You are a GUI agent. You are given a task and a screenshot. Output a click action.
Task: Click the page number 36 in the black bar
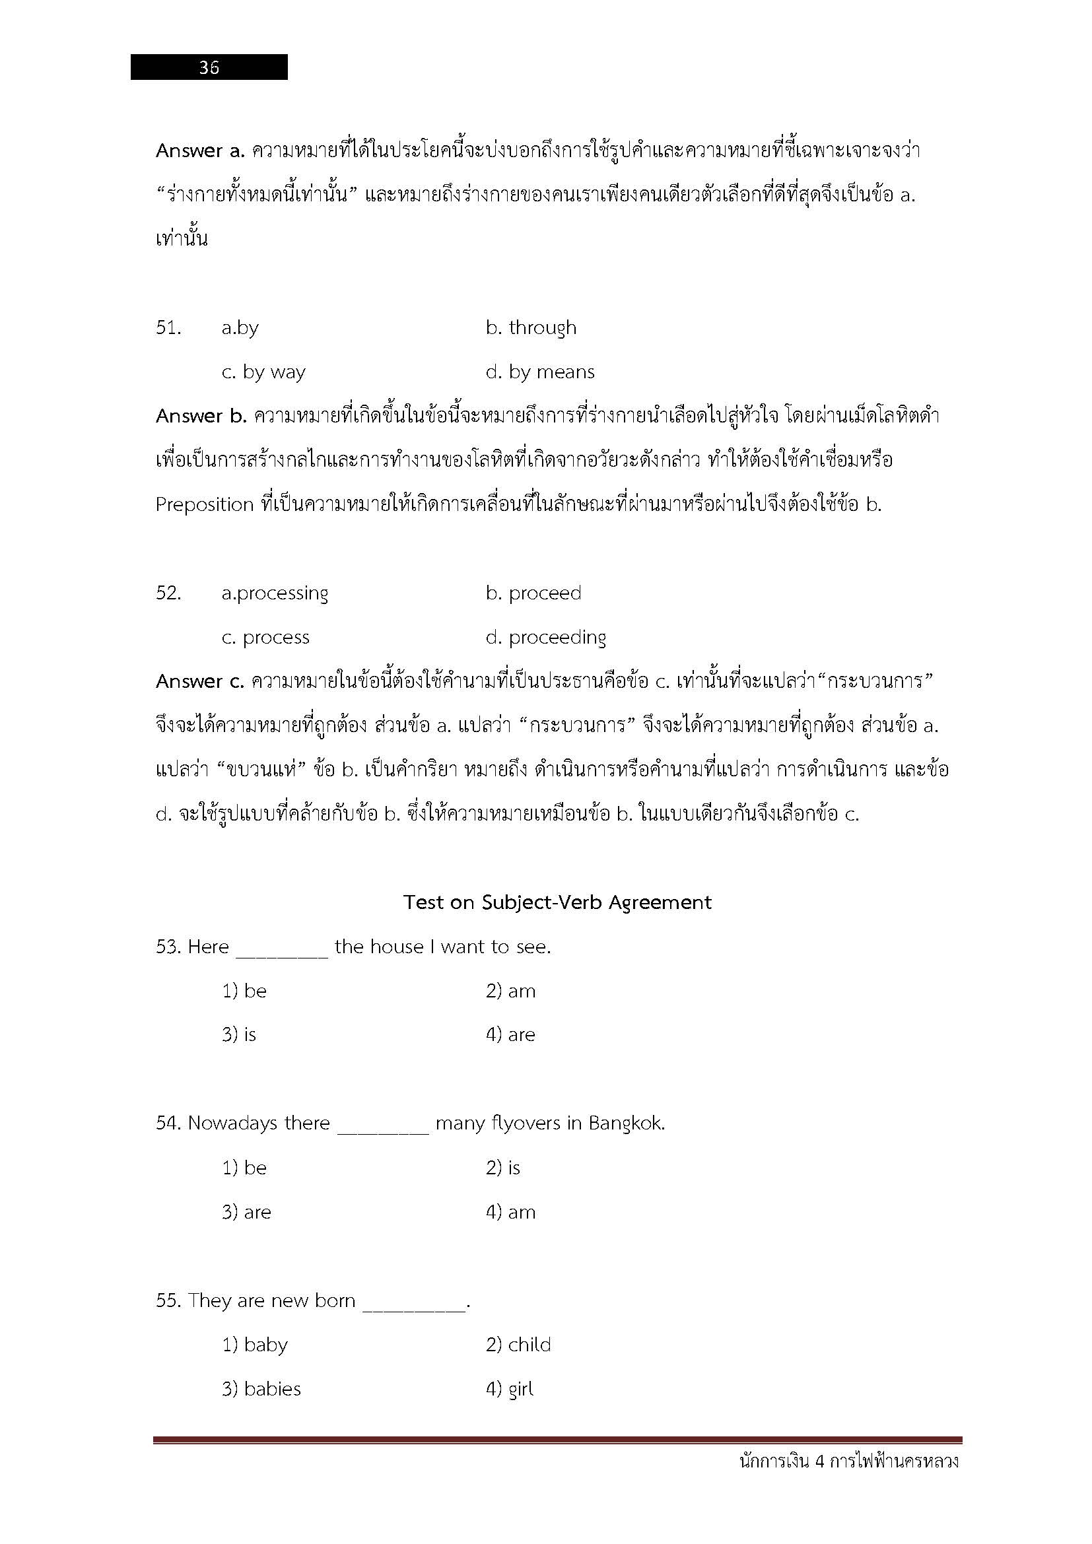click(209, 67)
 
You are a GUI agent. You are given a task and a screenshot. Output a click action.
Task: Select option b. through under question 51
click(531, 327)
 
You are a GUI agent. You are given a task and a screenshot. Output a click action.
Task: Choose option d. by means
click(540, 372)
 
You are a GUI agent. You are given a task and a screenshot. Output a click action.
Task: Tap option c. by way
click(263, 372)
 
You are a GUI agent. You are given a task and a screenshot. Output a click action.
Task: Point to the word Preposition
click(205, 504)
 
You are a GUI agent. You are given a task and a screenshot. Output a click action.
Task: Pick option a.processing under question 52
click(275, 593)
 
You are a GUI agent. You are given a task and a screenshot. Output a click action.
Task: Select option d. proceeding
click(545, 638)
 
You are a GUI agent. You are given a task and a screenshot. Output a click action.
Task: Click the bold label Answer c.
click(199, 681)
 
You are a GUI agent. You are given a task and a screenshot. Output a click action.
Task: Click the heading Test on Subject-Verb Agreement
click(557, 902)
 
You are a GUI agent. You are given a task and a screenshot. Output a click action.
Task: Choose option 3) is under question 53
click(239, 1035)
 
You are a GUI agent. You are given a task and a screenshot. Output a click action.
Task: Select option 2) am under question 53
click(510, 991)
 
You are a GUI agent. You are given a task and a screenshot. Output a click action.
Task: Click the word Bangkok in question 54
click(626, 1123)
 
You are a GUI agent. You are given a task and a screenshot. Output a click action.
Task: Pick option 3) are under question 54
click(246, 1212)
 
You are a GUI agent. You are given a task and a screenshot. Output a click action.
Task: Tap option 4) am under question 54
click(510, 1212)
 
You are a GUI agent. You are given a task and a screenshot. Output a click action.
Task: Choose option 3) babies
click(261, 1389)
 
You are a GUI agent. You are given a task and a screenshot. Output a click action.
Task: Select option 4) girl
click(509, 1389)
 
